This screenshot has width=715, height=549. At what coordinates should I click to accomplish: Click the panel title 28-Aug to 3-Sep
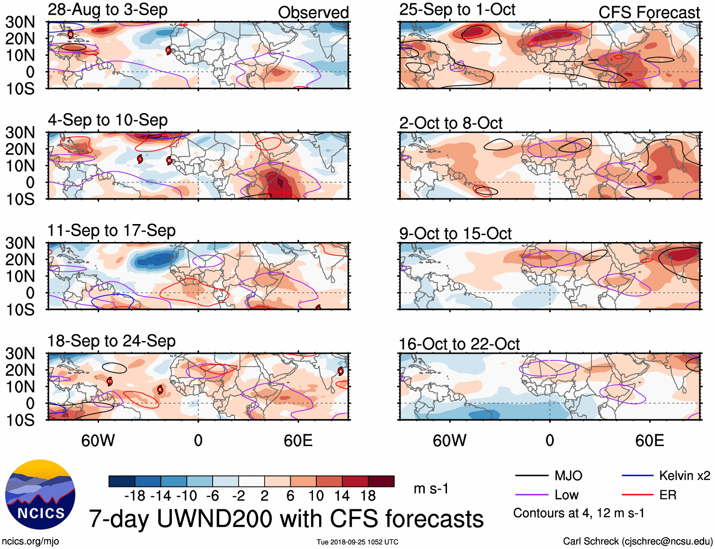(107, 10)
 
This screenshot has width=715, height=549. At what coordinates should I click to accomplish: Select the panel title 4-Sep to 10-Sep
(107, 120)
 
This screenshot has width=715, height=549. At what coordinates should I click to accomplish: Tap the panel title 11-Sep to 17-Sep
(111, 231)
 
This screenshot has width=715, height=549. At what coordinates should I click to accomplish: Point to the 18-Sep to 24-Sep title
(111, 341)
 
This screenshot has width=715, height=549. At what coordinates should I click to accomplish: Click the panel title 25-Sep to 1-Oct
(457, 10)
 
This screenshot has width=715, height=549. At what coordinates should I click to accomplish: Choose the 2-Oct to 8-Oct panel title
(450, 123)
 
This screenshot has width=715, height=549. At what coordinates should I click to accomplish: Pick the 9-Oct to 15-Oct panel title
(455, 234)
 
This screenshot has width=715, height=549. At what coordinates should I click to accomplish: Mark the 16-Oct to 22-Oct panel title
(459, 344)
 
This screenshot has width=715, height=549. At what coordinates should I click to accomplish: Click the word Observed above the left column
(313, 13)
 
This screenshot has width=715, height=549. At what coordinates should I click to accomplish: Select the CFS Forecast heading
(649, 13)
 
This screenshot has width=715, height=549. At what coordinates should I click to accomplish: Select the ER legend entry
(668, 495)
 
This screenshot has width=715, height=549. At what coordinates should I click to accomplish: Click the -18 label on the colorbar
(135, 496)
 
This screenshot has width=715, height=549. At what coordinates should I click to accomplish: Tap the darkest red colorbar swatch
(381, 481)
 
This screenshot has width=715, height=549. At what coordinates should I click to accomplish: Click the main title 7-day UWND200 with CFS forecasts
(286, 519)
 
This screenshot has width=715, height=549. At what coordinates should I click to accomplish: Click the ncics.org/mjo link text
(30, 541)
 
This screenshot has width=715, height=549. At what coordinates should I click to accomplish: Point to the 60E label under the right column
(649, 441)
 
